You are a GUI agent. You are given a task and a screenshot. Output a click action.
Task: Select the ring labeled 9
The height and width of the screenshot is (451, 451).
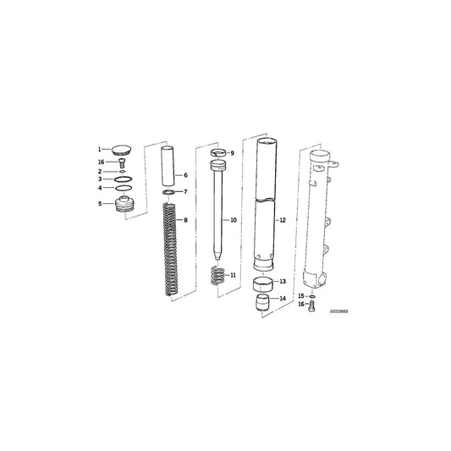click(x=218, y=152)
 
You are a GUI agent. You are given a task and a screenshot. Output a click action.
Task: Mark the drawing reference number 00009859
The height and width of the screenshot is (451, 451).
click(x=338, y=311)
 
